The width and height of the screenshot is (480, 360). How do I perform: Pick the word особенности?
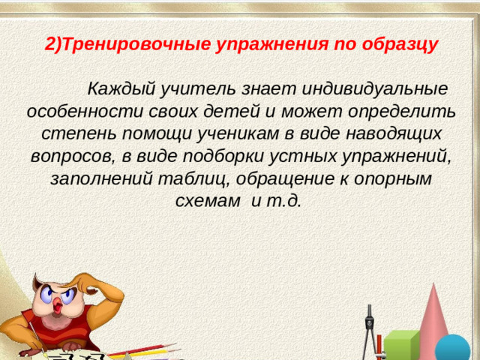[x=82, y=112]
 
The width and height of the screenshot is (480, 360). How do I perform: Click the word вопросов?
[x=71, y=157]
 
